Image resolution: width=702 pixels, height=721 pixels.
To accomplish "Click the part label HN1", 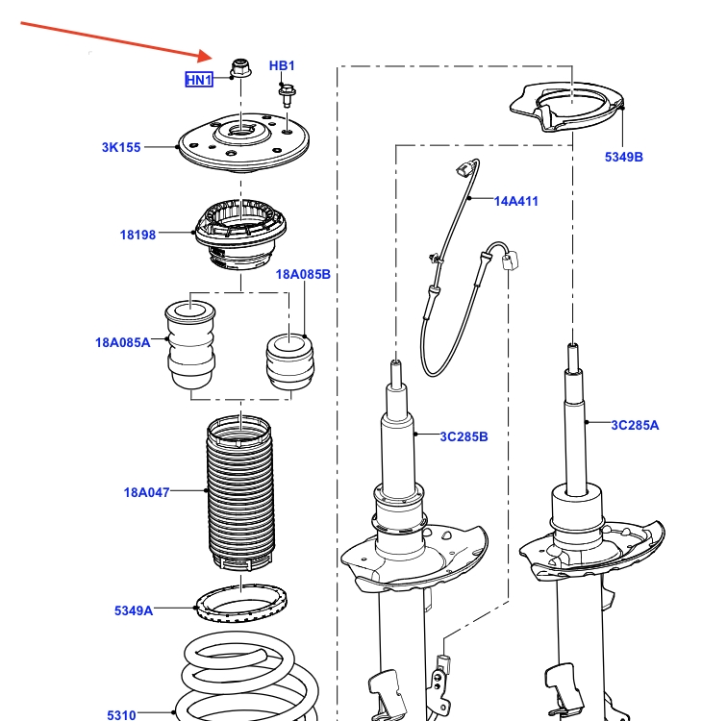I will click(198, 80).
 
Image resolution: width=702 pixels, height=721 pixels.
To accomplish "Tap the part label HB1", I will click(282, 65).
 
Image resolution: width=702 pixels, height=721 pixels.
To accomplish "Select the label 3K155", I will click(121, 147).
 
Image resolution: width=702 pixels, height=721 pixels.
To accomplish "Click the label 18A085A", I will click(123, 342).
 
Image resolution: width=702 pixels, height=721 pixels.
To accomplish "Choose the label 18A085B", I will click(303, 274).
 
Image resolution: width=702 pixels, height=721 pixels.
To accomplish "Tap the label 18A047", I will click(146, 493).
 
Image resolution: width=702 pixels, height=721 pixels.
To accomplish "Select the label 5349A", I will click(134, 609).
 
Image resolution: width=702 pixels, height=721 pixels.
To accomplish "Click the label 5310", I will click(122, 714).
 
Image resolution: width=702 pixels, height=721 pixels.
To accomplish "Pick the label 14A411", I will click(516, 201).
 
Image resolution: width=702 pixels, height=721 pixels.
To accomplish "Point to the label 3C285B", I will click(464, 436).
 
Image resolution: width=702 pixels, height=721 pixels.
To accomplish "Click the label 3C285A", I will click(635, 424).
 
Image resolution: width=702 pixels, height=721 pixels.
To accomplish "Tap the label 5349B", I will click(624, 157).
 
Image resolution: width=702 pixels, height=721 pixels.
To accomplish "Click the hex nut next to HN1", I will click(239, 67).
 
